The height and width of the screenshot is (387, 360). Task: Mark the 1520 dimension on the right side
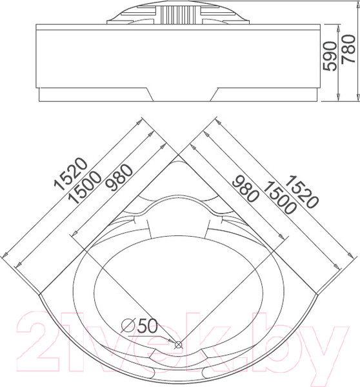tap(301, 193)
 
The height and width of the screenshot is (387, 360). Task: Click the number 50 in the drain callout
tap(148, 326)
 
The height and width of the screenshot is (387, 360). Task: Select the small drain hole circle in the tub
tap(179, 347)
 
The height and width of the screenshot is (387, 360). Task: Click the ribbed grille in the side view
tap(179, 14)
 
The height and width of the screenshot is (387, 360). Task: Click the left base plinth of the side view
tap(94, 95)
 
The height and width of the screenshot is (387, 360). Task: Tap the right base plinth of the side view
tap(265, 95)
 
